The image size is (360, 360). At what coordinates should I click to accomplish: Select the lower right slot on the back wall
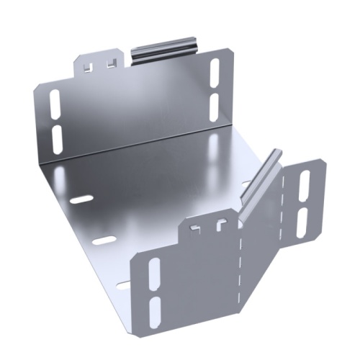[214, 104]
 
